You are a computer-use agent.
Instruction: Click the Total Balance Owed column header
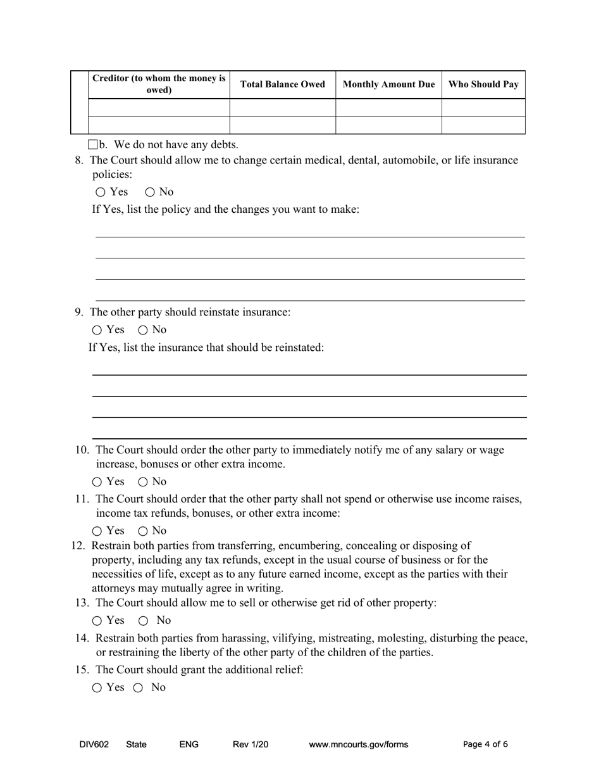click(x=282, y=84)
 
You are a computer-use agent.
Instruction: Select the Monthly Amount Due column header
click(x=388, y=84)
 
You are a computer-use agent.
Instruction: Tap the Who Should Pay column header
click(x=483, y=84)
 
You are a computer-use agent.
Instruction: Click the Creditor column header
click(x=159, y=84)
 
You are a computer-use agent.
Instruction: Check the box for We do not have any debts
click(x=93, y=144)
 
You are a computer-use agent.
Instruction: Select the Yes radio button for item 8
click(x=101, y=192)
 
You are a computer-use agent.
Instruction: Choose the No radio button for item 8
click(x=150, y=192)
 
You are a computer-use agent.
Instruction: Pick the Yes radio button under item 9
click(x=97, y=330)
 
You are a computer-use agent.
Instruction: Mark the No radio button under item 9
click(x=143, y=330)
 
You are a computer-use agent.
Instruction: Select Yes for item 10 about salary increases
click(x=97, y=482)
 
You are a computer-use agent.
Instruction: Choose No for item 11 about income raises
click(x=143, y=531)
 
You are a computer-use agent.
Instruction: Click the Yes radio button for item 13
click(x=97, y=621)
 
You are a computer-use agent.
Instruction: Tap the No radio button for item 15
click(x=137, y=688)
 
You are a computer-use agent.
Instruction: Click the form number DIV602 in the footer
click(x=94, y=744)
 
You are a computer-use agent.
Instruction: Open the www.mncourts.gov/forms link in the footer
click(x=358, y=744)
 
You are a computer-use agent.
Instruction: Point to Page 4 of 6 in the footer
click(x=485, y=744)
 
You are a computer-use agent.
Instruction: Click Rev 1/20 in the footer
click(x=251, y=744)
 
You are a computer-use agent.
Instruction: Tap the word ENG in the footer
click(x=189, y=744)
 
